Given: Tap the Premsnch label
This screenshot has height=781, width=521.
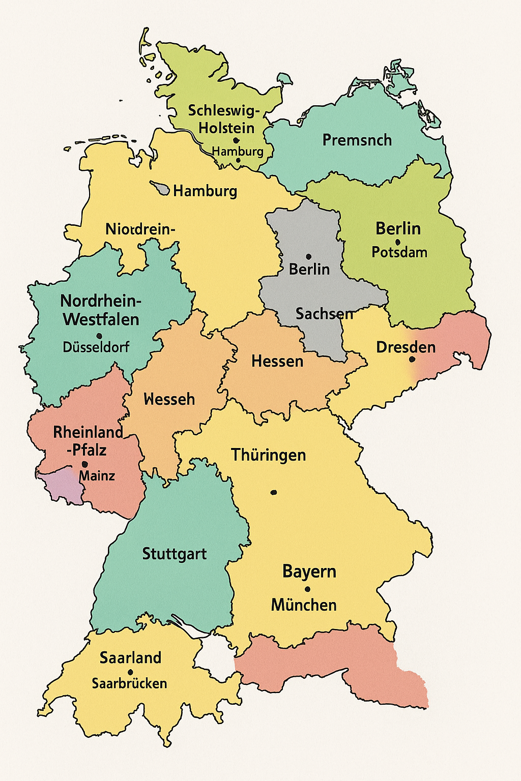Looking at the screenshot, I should point(357,140).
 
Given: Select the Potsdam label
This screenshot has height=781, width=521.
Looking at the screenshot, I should point(399,252).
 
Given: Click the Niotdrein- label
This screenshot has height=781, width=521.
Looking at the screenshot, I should point(140,229).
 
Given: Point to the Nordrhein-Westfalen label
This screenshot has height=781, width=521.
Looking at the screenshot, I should point(100,310).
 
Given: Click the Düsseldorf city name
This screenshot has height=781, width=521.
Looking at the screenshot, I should point(96,347).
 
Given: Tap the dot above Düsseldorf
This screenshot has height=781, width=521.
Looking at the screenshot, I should point(99,336).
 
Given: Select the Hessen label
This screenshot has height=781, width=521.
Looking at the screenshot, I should point(277,362).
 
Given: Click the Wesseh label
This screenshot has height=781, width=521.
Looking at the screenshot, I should point(169,399).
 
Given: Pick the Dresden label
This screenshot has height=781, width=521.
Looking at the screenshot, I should point(406,347).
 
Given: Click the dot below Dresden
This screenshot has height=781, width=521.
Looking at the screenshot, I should point(412,359).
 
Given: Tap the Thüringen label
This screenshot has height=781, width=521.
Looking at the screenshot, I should point(268,455).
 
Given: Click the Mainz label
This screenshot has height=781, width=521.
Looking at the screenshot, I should point(97,476).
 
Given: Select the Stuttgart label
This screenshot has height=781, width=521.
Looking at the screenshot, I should point(174,554).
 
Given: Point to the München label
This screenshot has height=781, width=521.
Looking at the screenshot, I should point(304,605).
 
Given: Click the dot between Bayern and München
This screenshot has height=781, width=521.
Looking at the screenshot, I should point(307,589).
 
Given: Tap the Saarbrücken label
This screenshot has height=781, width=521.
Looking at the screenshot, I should point(129,683).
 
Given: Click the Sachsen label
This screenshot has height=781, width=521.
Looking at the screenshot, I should point(324,314).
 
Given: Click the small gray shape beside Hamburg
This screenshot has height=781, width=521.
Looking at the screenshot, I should point(161,189).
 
